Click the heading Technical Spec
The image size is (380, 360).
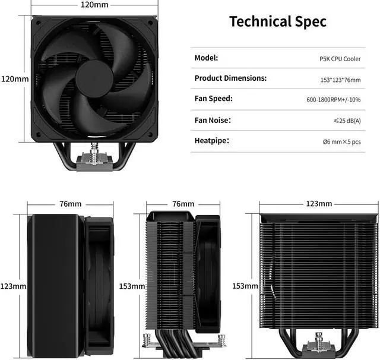(x=278, y=22)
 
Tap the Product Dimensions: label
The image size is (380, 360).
(x=230, y=78)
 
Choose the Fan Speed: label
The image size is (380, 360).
(x=213, y=99)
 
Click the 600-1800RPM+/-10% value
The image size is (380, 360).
(x=333, y=100)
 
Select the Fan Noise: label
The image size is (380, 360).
(x=214, y=120)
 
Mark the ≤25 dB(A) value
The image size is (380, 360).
(x=347, y=121)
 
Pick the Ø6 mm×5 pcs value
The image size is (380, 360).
(x=341, y=141)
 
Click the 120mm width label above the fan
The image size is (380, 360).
(x=94, y=4)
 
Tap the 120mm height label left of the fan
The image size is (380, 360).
(x=14, y=79)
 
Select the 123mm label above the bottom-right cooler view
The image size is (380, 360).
(x=318, y=204)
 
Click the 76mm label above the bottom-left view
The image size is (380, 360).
(x=70, y=204)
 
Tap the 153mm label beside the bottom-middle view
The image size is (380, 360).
(x=132, y=286)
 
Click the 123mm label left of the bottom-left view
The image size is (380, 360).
(x=14, y=286)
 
